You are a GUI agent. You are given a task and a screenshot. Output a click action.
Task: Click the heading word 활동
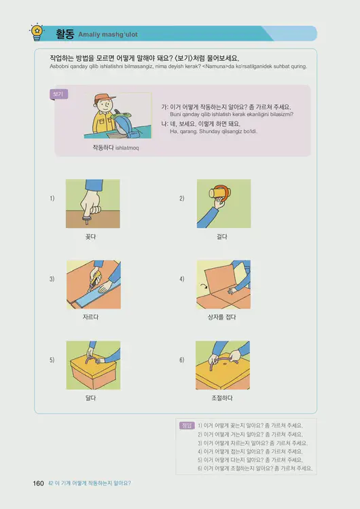pos(65,32)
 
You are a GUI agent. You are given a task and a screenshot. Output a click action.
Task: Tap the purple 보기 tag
pos(59,94)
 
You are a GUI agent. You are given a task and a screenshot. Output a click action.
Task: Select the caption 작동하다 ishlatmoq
pos(115,147)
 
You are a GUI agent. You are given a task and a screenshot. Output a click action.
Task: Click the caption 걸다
pos(222,236)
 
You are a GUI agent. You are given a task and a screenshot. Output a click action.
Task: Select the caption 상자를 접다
pos(222,317)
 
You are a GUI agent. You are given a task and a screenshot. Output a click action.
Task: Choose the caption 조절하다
pos(222,398)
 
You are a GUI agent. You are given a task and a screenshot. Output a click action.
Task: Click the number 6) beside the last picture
pos(182,360)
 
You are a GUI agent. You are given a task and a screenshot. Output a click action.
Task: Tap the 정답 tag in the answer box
pos(187,426)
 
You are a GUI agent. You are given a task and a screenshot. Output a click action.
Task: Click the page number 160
pos(38,483)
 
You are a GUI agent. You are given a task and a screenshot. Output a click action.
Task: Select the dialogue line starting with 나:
pos(211,124)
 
